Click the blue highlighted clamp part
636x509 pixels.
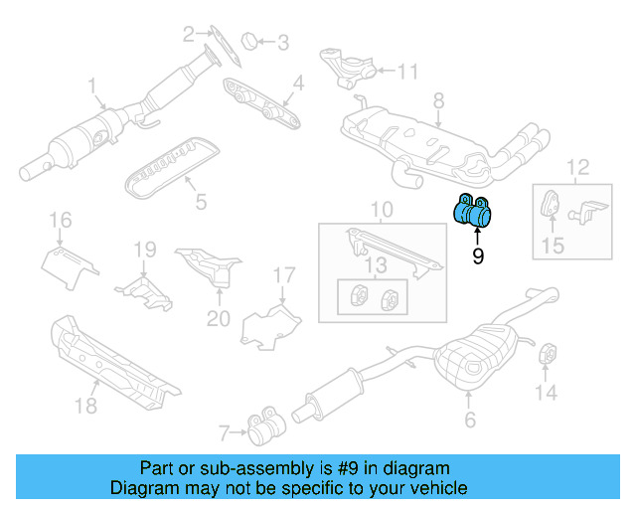tap(473, 211)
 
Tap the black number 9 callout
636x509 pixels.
tap(478, 256)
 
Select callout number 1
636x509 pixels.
tap(91, 86)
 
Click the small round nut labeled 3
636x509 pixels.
tap(251, 41)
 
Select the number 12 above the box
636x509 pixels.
tap(577, 166)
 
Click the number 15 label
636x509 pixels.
tap(552, 245)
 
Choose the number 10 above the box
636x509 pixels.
tap(382, 210)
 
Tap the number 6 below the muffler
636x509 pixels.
tap(470, 421)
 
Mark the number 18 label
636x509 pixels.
tap(85, 404)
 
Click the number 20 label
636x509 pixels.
tap(218, 318)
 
